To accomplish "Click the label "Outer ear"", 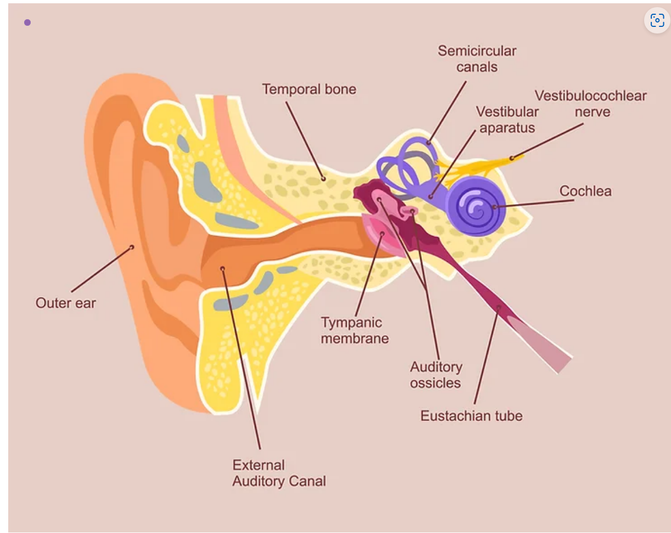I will [65, 302].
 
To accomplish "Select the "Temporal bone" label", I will [309, 89].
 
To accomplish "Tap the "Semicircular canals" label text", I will [476, 59].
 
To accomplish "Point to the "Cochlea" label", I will [585, 191].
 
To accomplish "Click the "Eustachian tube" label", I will [471, 416].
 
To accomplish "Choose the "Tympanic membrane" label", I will [354, 330].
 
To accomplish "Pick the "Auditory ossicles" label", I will [436, 374].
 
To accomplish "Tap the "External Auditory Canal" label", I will [279, 473].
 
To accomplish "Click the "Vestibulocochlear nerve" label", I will [591, 103].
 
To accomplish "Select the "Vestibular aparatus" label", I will [506, 120].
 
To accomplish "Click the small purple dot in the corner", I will [27, 23].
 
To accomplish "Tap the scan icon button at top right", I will [657, 21].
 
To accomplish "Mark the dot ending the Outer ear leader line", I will [132, 247].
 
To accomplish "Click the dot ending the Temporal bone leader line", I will [324, 178].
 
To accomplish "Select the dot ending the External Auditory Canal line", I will [222, 268].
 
